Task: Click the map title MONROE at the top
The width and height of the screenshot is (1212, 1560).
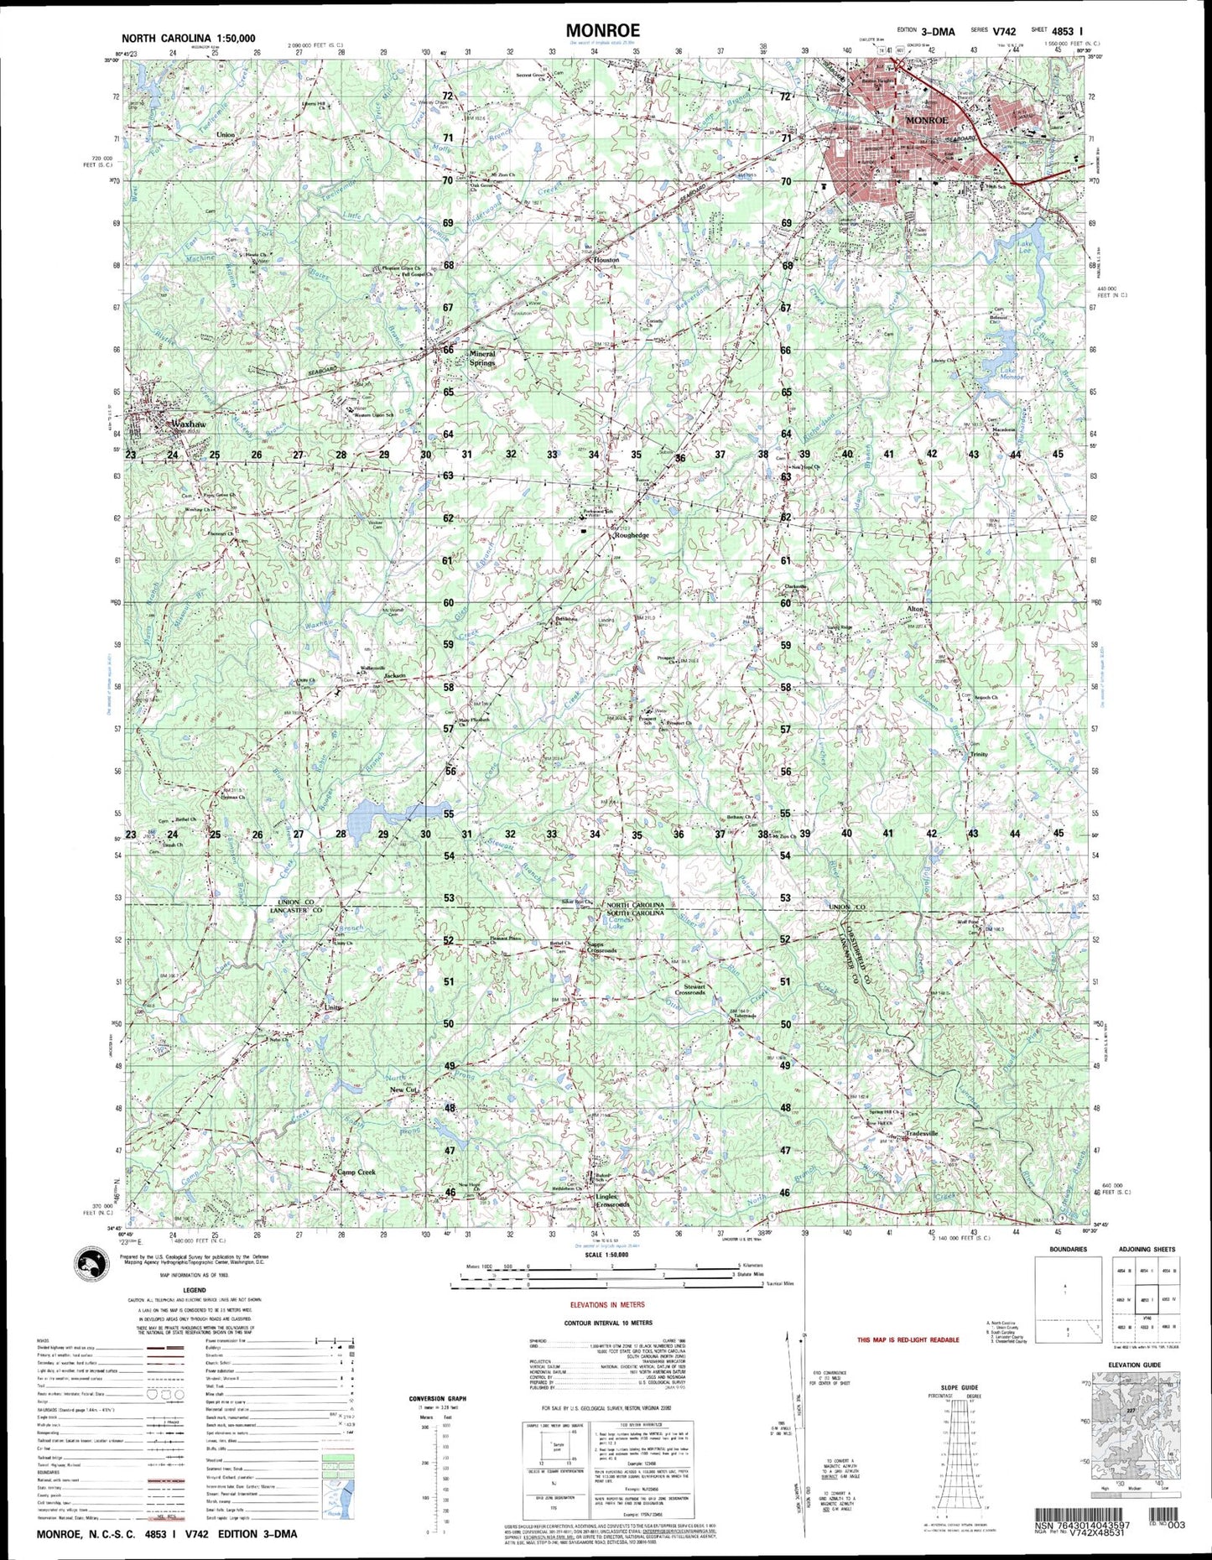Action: pos(602,31)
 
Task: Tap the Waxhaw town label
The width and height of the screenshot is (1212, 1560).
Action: pos(188,425)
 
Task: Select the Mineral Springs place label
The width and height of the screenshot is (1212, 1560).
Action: pos(482,358)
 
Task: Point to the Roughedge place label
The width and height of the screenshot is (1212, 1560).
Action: pos(631,535)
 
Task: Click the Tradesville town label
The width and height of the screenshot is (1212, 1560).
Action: pos(921,1134)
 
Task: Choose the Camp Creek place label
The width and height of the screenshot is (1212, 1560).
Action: pos(356,1173)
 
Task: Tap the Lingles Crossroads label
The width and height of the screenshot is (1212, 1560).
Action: pos(612,1200)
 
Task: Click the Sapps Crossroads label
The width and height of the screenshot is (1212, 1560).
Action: pos(601,946)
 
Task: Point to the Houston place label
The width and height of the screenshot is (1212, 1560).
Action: pos(606,260)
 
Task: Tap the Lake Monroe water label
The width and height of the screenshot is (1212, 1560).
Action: pos(1012,374)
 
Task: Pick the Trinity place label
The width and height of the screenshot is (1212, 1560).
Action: pos(979,754)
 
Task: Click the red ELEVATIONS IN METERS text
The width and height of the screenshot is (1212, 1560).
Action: pos(608,1306)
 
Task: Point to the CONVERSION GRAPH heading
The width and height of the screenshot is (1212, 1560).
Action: pos(438,1399)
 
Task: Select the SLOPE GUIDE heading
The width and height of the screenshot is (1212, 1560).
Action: pos(959,1388)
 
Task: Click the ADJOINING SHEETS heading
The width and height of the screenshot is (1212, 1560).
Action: pos(1147,1250)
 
